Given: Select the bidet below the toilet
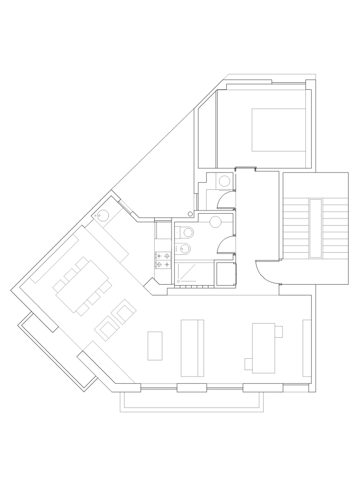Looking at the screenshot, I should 185,249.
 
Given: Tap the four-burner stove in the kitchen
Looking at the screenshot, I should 163,260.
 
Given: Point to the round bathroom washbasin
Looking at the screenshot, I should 215,221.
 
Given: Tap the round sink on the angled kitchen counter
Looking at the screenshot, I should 103,216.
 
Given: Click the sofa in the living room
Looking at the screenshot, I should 193,347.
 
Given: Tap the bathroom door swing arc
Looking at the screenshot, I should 223,246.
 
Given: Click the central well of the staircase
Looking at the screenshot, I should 316,228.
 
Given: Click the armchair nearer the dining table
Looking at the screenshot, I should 125,312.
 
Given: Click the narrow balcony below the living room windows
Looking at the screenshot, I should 192,401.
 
